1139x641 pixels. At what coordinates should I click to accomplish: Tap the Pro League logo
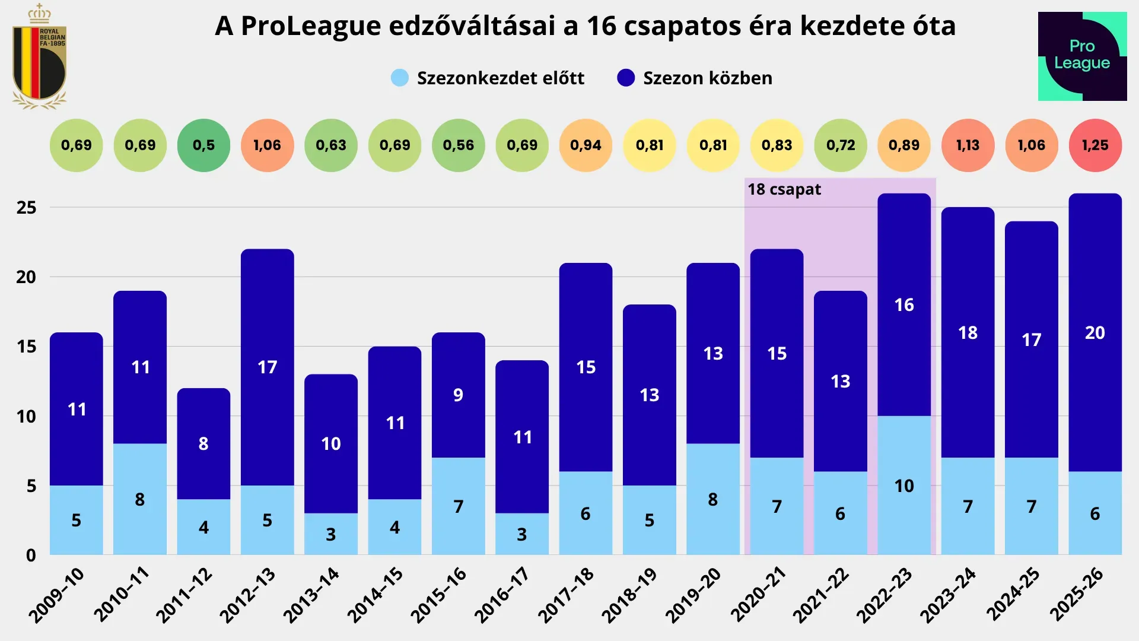[1082, 56]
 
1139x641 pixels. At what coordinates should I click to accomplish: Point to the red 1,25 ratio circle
[1095, 145]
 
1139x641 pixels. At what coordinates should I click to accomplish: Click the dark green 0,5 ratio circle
[203, 145]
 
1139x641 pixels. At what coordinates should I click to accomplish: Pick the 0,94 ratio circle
[586, 145]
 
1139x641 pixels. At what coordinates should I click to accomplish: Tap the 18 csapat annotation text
[784, 189]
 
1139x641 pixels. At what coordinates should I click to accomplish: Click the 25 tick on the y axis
[26, 208]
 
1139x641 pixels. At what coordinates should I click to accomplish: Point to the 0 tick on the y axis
[31, 556]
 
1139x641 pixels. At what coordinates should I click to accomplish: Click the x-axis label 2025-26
[1077, 595]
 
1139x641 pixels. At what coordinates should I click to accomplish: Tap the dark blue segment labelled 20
[1095, 332]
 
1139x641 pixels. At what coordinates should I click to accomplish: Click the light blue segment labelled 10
[903, 485]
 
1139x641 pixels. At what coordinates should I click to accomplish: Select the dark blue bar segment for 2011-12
[203, 443]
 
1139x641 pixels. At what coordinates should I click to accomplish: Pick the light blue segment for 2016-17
[522, 534]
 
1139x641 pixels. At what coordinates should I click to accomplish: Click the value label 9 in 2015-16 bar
[458, 395]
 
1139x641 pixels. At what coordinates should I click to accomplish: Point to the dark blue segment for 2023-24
[968, 332]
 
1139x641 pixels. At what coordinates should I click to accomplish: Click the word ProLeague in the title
[311, 26]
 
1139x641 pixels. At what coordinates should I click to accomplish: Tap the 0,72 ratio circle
[840, 145]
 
